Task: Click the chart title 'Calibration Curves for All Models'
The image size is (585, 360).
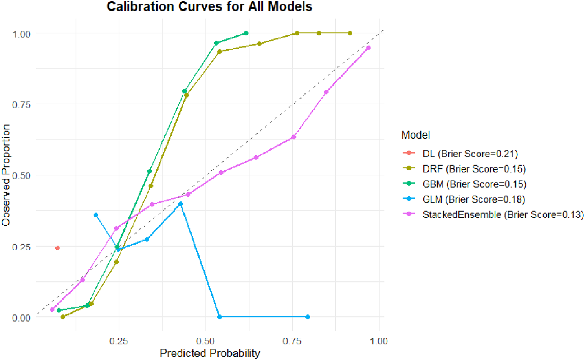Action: (x=209, y=7)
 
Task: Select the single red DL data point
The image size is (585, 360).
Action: (x=57, y=248)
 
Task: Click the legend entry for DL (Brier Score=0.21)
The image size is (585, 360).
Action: (x=470, y=154)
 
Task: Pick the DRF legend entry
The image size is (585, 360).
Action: (x=474, y=169)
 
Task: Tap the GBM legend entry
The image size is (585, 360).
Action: (x=474, y=184)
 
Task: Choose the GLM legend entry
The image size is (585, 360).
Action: (x=473, y=199)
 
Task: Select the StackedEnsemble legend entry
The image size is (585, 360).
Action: (x=503, y=215)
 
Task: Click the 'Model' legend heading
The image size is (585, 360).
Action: (x=415, y=135)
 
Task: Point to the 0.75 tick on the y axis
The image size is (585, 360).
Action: (x=21, y=105)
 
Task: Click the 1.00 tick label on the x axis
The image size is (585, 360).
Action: (x=379, y=341)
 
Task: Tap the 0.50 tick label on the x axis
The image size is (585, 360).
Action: (x=205, y=341)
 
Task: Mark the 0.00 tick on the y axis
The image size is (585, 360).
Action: (x=21, y=318)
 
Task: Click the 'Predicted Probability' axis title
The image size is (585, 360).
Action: (x=210, y=353)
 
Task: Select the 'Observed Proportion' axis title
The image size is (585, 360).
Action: (x=6, y=175)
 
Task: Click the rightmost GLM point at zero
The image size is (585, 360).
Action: (x=308, y=317)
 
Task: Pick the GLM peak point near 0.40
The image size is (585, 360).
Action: (x=181, y=204)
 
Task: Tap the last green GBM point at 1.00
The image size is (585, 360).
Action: (x=246, y=33)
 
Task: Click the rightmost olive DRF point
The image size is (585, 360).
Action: (x=350, y=33)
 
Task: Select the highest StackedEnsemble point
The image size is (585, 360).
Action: (x=369, y=48)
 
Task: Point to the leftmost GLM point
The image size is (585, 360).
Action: (x=96, y=215)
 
